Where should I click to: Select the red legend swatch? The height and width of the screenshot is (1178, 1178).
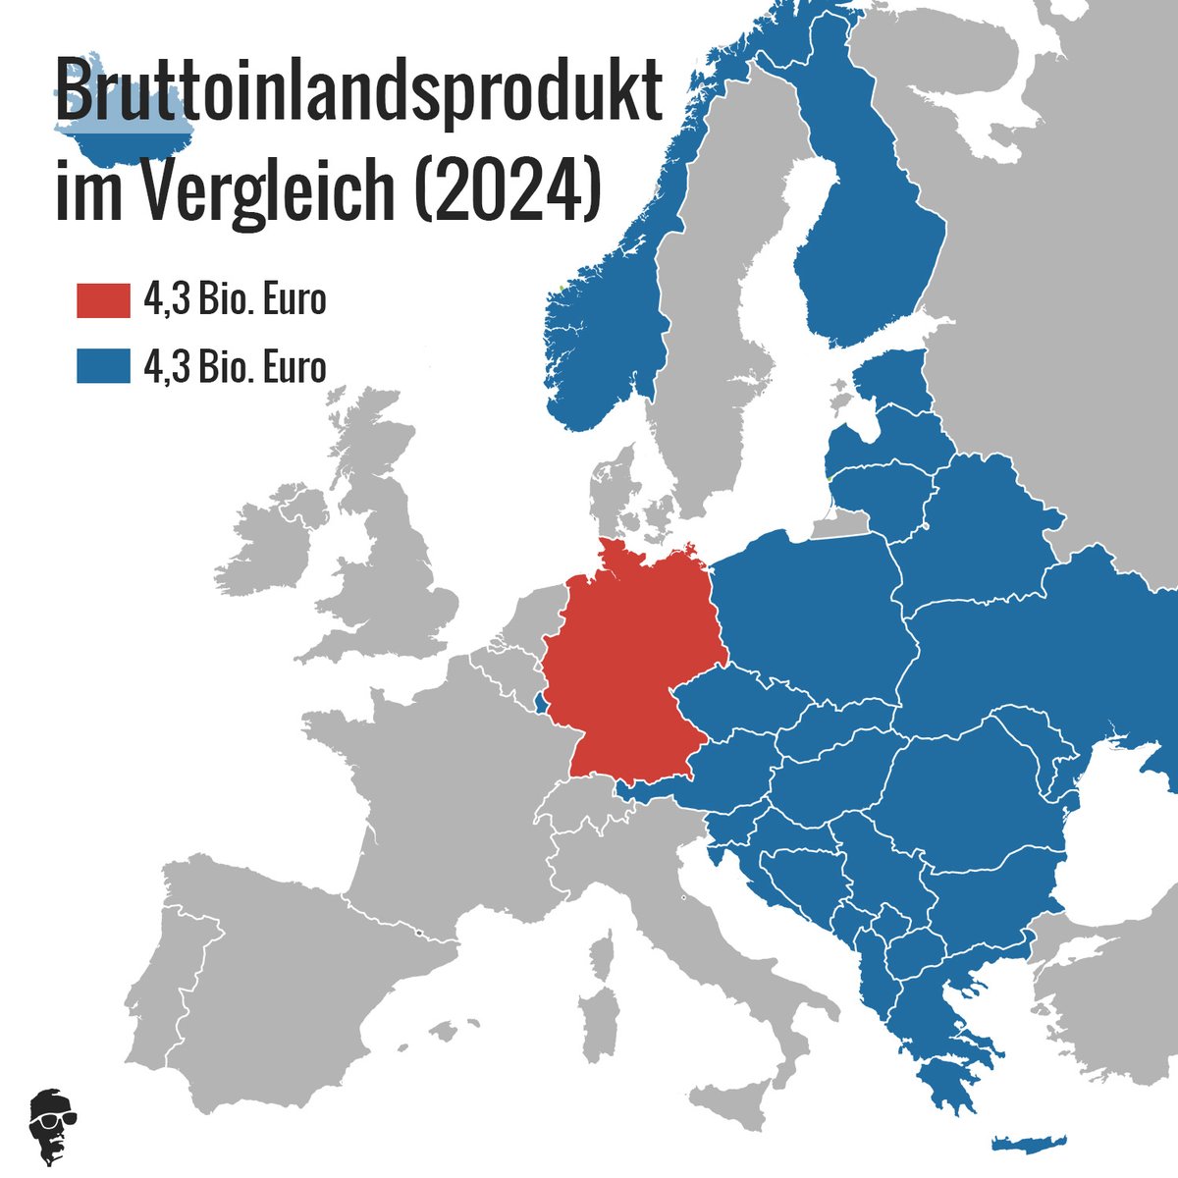[103, 300]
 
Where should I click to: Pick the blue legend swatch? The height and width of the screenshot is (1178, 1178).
[103, 366]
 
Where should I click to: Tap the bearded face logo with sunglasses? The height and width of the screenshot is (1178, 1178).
[54, 1125]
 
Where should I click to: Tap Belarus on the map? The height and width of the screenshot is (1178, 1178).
[982, 535]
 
